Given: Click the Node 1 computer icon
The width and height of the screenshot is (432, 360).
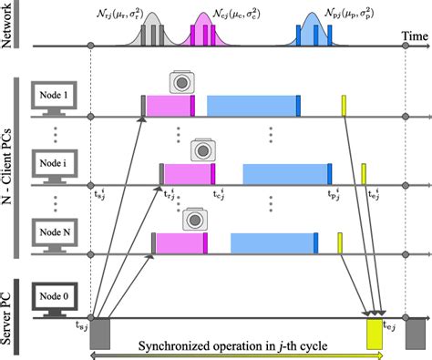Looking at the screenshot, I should [x=51, y=99].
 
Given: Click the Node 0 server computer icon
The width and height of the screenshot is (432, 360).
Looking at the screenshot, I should [x=51, y=298].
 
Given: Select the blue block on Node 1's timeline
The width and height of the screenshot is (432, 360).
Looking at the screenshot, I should [x=252, y=105].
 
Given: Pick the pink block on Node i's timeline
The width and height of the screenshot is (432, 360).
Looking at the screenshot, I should [x=188, y=173].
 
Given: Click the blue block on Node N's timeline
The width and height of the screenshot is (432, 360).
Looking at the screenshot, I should [x=272, y=242].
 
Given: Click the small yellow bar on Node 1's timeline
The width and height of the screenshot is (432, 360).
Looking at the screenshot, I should [x=345, y=105].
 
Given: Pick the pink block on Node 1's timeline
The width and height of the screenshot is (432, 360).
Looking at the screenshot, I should [x=169, y=105].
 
